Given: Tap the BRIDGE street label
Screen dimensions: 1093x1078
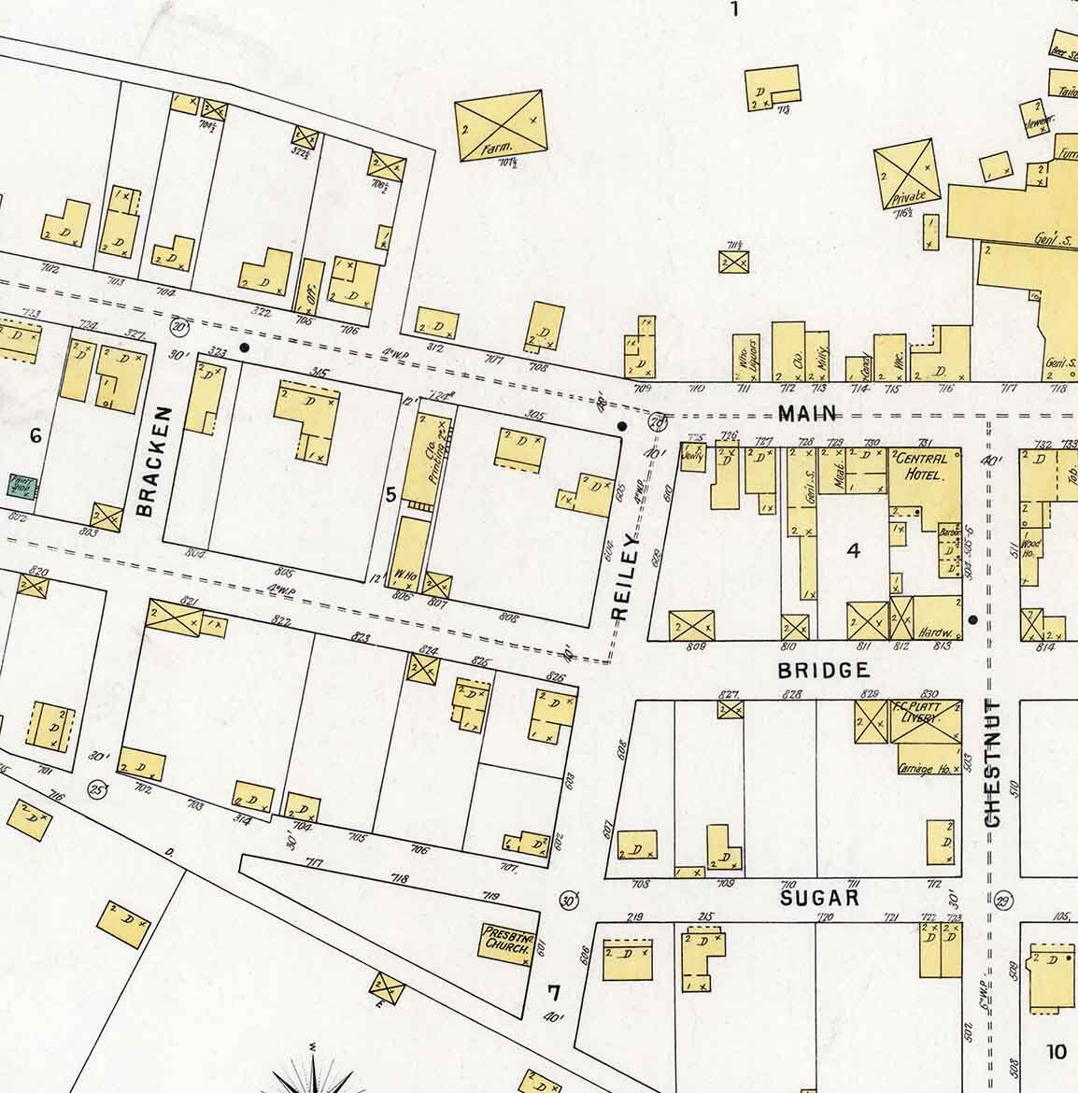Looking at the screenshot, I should coord(824,670).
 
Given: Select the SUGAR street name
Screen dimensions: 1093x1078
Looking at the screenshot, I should coord(819,898).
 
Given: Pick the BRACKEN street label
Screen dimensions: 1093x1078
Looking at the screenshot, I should coord(152,461).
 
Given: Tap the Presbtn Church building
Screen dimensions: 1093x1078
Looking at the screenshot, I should coord(507,942).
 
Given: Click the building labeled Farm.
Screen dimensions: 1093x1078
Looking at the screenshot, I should coord(499,127).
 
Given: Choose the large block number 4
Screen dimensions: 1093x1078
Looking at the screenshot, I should coord(852,550).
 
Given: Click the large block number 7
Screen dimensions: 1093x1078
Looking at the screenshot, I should coord(555,991).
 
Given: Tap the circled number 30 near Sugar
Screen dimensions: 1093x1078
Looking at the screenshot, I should coord(567,900).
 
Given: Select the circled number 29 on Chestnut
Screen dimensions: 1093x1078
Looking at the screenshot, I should coord(1003,901).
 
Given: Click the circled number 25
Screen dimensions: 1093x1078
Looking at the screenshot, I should coord(96,789).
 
